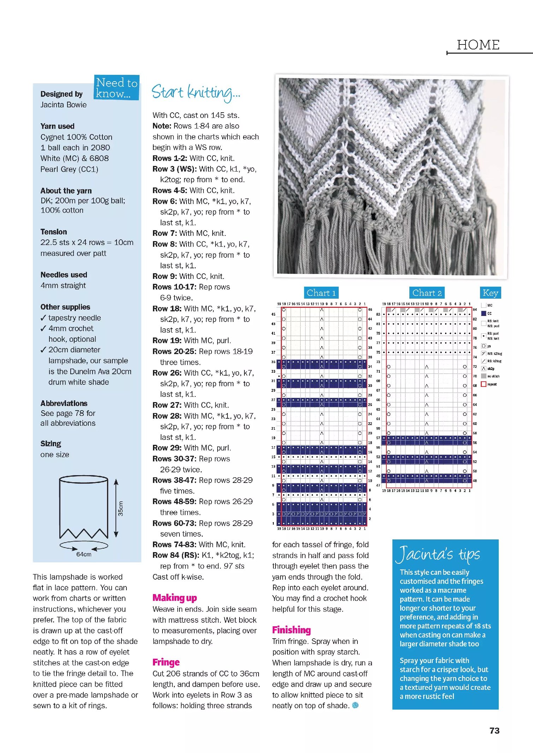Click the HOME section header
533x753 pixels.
tap(478, 45)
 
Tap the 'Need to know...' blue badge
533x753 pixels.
tap(117, 88)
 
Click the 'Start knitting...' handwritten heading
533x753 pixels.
tap(196, 92)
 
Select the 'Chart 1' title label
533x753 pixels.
tap(321, 293)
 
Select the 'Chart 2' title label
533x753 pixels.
tap(427, 293)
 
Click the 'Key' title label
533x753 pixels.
tap(490, 293)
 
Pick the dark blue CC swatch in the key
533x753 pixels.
tap(484, 313)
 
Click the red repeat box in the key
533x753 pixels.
tap(484, 384)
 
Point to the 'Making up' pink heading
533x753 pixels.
tap(174, 598)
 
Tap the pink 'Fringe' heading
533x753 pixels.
tap(166, 662)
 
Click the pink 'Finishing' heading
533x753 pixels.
tap(291, 630)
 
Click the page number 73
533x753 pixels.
tap(494, 730)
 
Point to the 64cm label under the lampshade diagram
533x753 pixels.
tap(84, 554)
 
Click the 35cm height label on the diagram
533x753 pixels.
tap(121, 509)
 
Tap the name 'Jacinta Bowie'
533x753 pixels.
tap(63, 105)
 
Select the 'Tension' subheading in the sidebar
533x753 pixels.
tap(54, 232)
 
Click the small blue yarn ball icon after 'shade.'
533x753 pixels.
tap(355, 705)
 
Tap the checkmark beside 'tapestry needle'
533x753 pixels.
tap(43, 318)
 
